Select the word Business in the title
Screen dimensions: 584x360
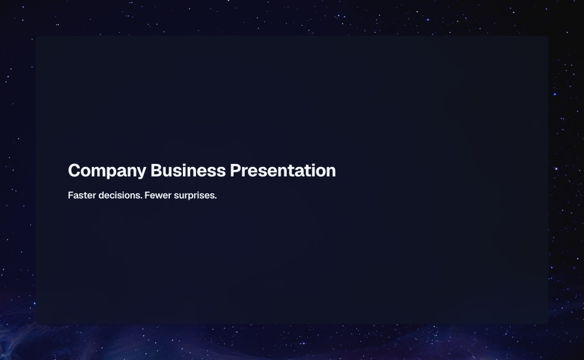[x=188, y=170]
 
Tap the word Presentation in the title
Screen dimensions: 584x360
[x=282, y=170]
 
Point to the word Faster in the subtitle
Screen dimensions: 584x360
[x=82, y=195]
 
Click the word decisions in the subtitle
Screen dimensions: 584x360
[x=120, y=195]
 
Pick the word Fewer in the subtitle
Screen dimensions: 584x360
[x=158, y=195]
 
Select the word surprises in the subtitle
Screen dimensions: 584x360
[x=194, y=196]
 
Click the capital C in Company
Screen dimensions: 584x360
[x=74, y=170]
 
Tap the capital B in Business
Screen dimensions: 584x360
[x=157, y=170]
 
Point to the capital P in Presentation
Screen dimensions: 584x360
[x=236, y=170]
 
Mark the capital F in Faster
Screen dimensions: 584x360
[x=71, y=195]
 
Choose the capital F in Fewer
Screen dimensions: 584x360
[x=147, y=195]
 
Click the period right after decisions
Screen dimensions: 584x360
[x=142, y=198]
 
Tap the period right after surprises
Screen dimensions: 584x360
[x=216, y=198]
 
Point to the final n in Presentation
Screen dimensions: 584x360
[x=331, y=172]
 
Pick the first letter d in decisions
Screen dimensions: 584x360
[x=101, y=195]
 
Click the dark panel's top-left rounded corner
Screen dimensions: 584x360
[x=37, y=37]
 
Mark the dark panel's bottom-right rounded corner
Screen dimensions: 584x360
[x=547, y=323]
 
